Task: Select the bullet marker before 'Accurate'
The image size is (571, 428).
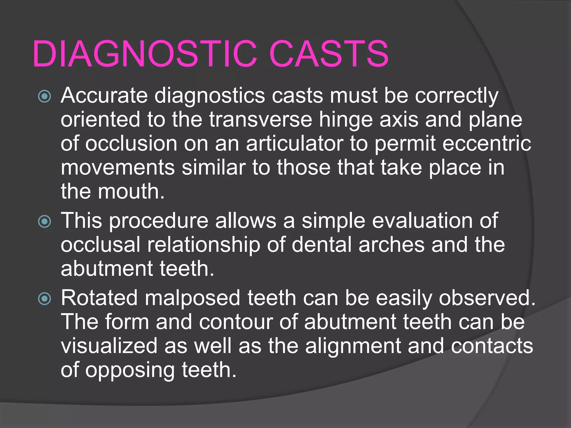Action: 45,96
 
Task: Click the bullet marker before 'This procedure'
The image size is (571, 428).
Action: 45,222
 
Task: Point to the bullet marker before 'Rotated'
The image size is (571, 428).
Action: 45,299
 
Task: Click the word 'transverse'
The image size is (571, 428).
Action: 260,120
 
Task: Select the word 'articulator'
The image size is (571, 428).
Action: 294,144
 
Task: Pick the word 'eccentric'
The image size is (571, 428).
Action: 487,144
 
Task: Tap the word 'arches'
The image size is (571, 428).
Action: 391,245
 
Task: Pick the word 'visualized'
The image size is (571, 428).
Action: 109,346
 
